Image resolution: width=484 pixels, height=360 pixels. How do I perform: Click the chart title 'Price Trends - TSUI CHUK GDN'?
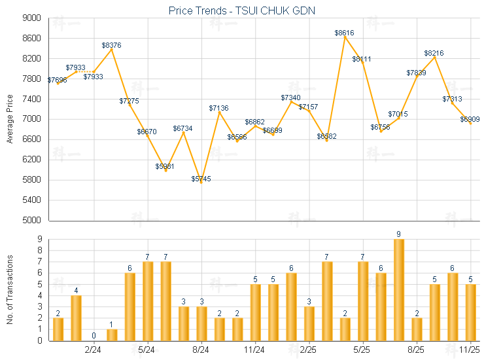[242, 11]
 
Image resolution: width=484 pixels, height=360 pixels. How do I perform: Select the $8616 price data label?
[345, 32]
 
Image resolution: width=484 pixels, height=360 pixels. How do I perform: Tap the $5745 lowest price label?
[201, 179]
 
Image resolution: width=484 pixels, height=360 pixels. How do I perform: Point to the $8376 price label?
[111, 45]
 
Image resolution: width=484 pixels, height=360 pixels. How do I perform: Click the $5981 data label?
[165, 166]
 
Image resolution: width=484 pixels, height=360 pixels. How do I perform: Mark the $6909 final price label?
[470, 119]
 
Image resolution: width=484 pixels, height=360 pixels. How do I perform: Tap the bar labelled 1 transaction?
[112, 334]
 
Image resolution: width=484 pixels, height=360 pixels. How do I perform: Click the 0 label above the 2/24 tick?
[94, 336]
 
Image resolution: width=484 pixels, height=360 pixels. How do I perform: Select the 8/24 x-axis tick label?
[201, 350]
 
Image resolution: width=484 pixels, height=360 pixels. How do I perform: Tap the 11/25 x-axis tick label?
[470, 350]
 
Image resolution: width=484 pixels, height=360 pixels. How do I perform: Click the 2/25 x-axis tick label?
[309, 350]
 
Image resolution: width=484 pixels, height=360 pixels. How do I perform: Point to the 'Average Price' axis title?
[10, 119]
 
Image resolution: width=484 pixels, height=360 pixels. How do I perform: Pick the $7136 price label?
[220, 108]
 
